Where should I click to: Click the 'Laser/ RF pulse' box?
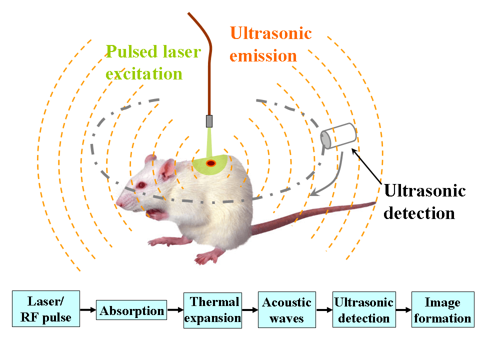[45, 309]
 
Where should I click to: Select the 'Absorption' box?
[131, 310]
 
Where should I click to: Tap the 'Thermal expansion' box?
[212, 310]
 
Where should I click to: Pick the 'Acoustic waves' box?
[287, 310]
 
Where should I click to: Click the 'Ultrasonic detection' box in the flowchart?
[363, 310]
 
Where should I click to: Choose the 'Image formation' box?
[442, 310]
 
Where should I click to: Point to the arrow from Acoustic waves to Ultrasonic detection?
[324, 310]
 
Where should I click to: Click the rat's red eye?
[141, 185]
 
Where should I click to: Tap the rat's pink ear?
[167, 169]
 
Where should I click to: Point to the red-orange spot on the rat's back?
[211, 162]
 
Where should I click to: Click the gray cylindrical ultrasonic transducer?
[338, 136]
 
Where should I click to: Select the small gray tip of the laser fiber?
[209, 120]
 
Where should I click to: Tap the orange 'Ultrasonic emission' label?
[270, 44]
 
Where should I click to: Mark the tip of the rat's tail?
[374, 202]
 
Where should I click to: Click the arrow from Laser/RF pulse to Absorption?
[87, 310]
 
